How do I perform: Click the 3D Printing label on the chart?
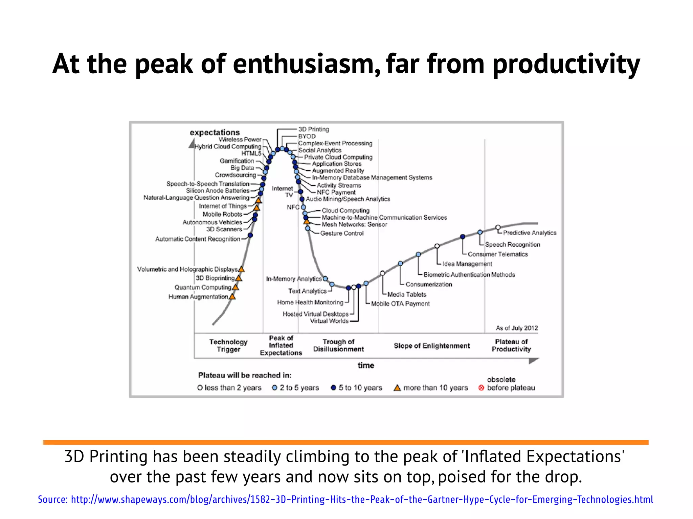(313, 129)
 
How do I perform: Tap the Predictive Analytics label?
(530, 233)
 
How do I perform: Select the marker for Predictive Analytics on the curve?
(498, 227)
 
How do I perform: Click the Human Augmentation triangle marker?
(232, 297)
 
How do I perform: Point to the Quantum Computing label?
(203, 287)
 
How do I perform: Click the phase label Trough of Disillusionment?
(338, 345)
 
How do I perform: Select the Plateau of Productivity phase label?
(511, 345)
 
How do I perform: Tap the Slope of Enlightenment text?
(431, 346)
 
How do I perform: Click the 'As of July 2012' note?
(517, 328)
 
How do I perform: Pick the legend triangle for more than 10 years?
(397, 388)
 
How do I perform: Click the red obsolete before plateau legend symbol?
(481, 388)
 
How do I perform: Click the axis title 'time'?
(366, 365)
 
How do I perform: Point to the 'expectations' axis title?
(215, 132)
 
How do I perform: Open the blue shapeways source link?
(345, 499)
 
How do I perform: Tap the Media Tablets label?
(407, 294)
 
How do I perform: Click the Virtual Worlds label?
(329, 321)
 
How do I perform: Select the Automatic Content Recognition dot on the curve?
(250, 235)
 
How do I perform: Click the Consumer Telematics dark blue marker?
(463, 237)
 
